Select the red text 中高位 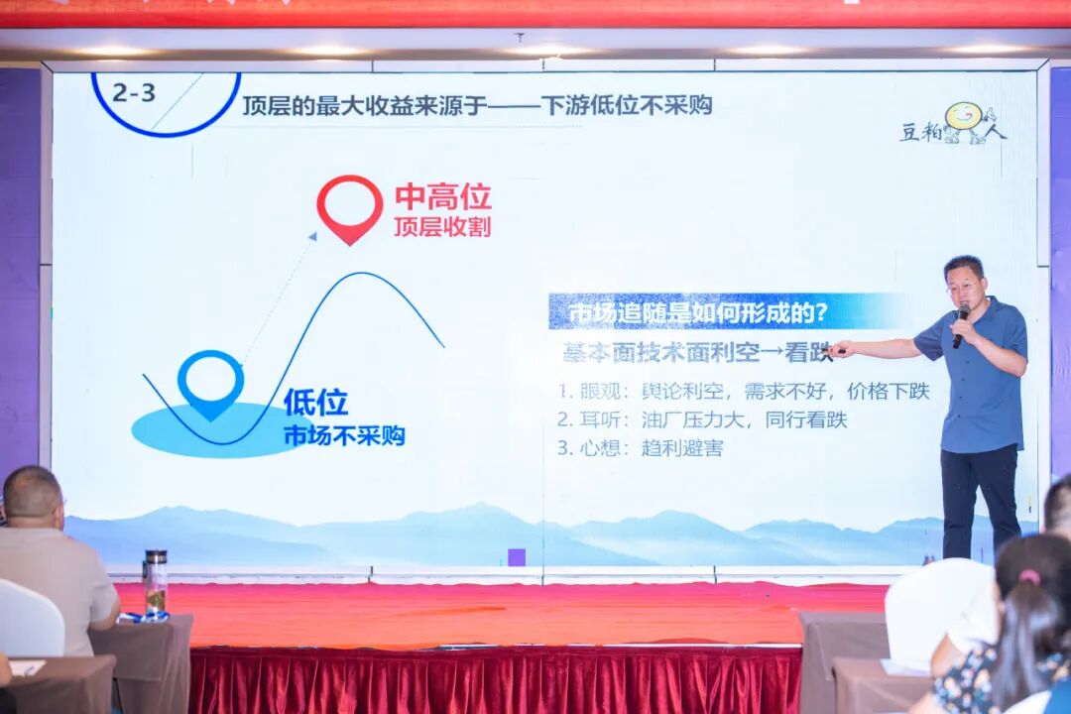click(442, 197)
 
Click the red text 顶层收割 click(442, 227)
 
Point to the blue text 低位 click(315, 403)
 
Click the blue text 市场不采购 click(344, 435)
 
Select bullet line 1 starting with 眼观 click(743, 391)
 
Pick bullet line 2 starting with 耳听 click(701, 419)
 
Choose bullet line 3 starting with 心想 click(640, 448)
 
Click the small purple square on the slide click(516, 556)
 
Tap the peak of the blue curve click(369, 275)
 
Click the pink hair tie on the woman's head click(1029, 575)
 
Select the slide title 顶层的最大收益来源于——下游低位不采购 click(477, 105)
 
